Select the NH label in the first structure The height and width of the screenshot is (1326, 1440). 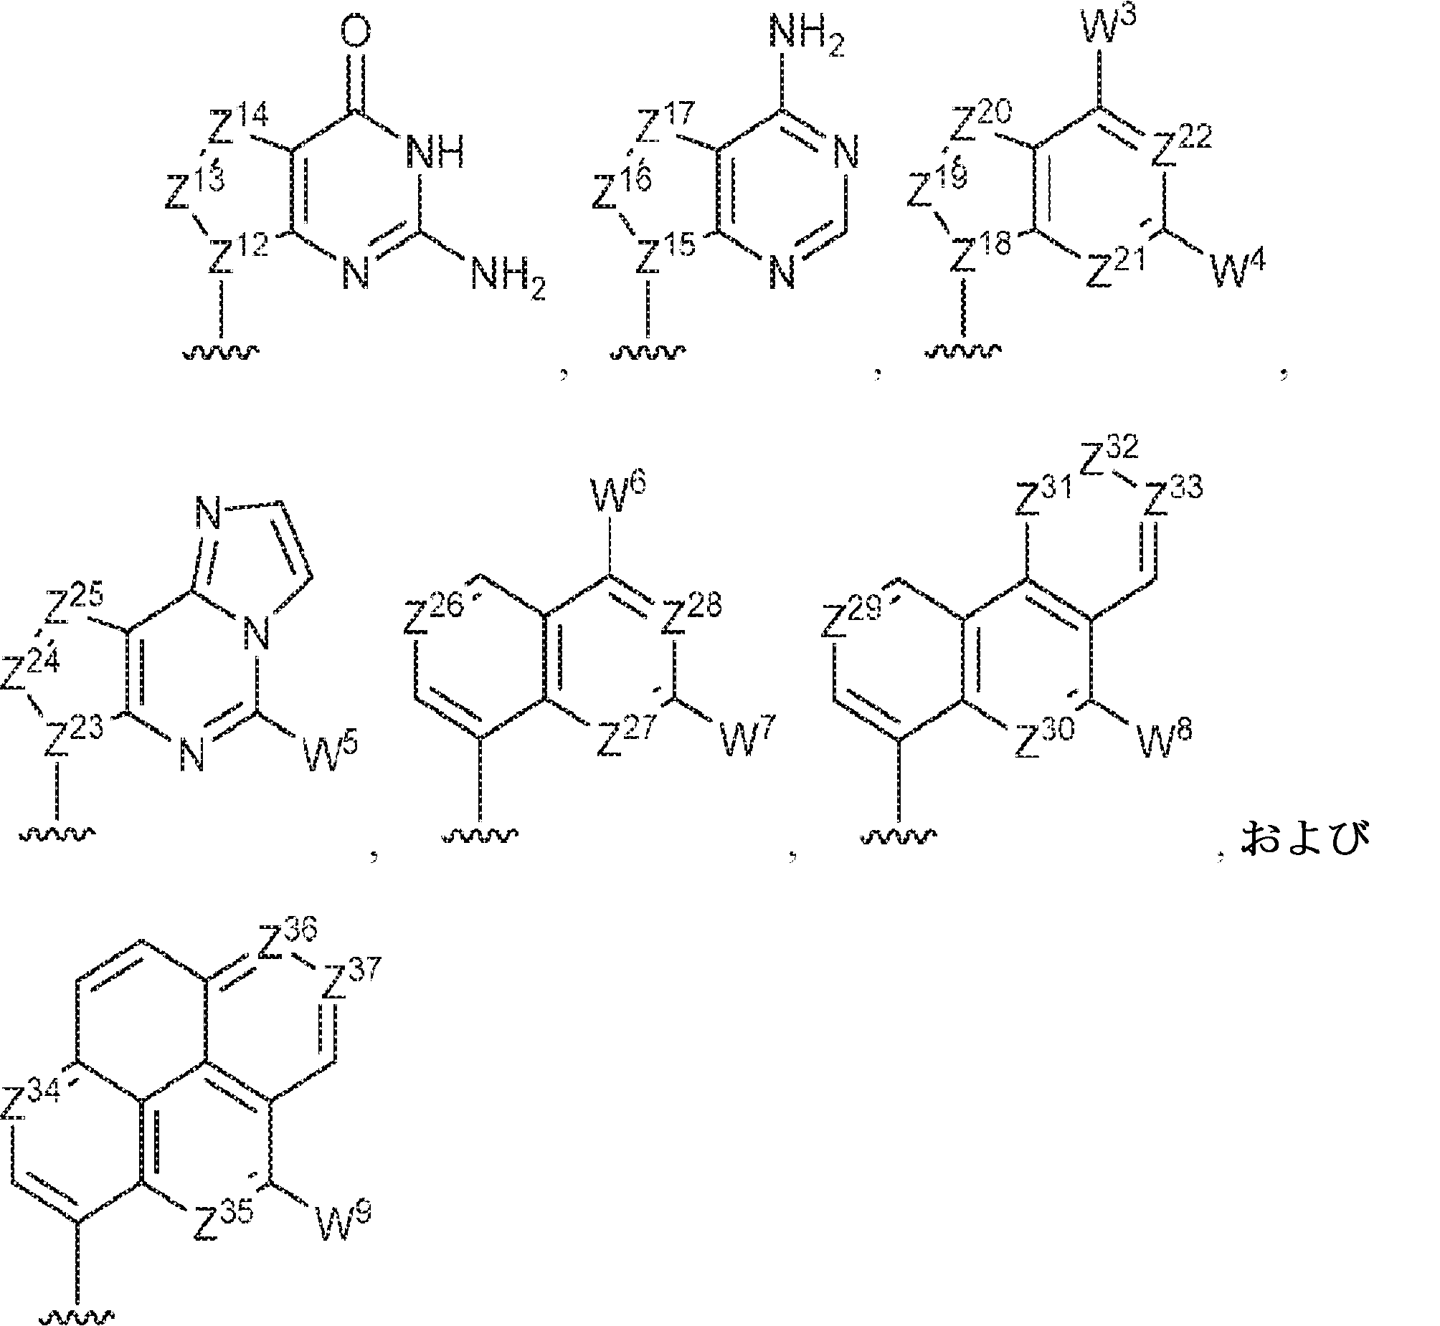click(x=435, y=153)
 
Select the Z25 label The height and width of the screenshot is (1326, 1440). click(x=74, y=604)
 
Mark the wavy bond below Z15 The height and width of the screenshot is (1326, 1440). click(x=648, y=353)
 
